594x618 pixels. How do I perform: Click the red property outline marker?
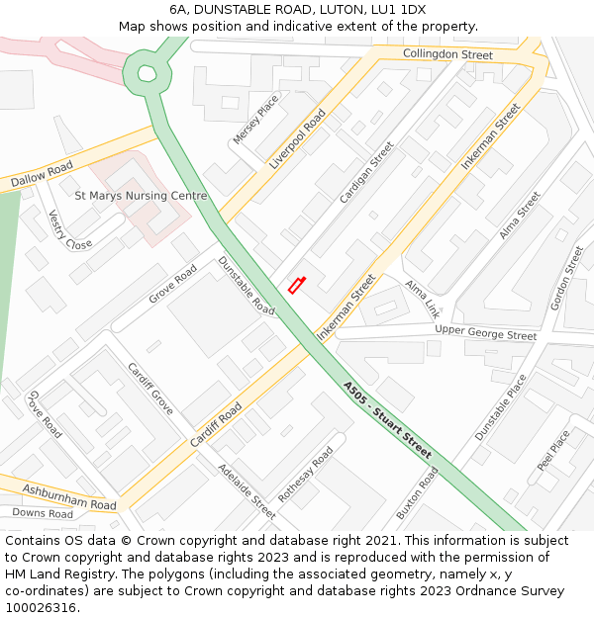(x=296, y=285)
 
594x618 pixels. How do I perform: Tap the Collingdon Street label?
(x=447, y=53)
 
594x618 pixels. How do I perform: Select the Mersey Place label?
(x=255, y=119)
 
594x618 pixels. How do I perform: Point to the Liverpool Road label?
(x=297, y=139)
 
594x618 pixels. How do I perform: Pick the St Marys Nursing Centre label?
(x=142, y=196)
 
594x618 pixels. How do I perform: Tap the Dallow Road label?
(x=42, y=175)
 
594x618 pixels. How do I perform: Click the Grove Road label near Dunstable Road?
(x=173, y=285)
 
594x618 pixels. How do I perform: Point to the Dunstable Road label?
(x=247, y=286)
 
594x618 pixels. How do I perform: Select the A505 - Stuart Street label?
(x=387, y=420)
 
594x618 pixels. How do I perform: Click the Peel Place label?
(x=553, y=449)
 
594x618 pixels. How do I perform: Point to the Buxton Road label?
(x=417, y=492)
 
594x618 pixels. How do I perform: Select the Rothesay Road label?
(x=305, y=474)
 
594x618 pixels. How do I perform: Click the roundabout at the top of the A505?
(x=147, y=72)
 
